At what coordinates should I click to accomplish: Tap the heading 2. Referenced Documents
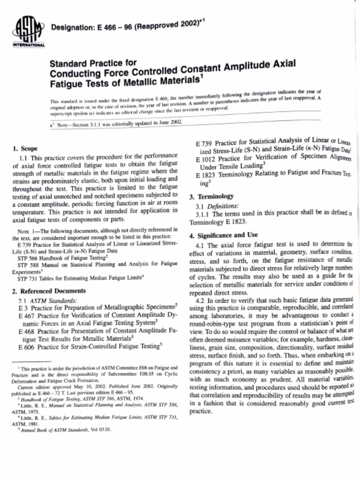click(x=49, y=291)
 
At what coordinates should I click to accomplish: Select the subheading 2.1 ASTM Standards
click(x=47, y=300)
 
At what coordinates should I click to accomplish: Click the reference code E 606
click(x=26, y=346)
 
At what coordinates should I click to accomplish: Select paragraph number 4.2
click(x=200, y=300)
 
